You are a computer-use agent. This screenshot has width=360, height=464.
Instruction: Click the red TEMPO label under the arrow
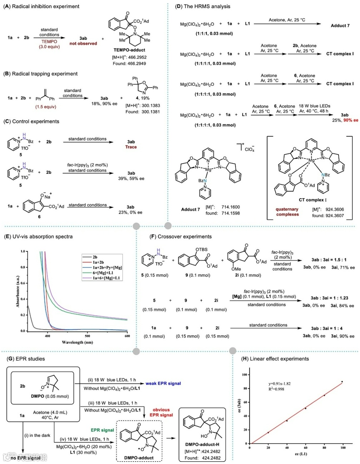[49, 41]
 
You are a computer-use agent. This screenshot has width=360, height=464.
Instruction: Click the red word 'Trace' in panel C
[131, 147]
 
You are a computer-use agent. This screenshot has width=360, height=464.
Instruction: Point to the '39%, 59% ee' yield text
[131, 179]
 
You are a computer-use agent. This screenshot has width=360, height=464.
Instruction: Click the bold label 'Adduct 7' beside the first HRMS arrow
[340, 26]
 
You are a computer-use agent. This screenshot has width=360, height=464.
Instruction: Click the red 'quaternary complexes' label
[287, 212]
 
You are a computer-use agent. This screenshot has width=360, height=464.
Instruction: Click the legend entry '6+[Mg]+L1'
[103, 273]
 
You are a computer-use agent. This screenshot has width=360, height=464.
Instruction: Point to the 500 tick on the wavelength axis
[88, 336]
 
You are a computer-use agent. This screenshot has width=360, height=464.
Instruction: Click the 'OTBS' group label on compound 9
[201, 250]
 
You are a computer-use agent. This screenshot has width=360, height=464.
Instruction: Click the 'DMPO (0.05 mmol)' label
[52, 396]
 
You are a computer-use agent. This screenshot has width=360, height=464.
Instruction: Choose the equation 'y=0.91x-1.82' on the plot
[277, 384]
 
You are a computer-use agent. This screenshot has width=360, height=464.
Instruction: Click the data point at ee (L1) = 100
[342, 382]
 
